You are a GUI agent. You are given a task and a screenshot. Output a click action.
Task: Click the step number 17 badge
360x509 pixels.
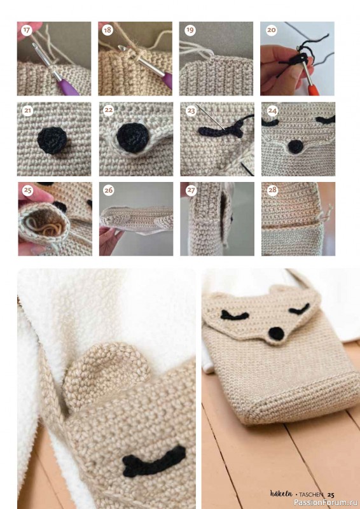(x=26, y=31)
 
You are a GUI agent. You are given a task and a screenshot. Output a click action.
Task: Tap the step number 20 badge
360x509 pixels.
(x=271, y=31)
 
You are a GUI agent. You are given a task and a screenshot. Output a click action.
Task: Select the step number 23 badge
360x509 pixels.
(x=191, y=111)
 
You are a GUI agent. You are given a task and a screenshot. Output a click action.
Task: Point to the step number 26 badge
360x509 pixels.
(x=109, y=190)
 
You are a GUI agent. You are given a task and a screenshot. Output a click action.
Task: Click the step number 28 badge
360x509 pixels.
(x=272, y=190)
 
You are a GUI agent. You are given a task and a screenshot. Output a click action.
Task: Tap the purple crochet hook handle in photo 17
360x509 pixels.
(x=67, y=87)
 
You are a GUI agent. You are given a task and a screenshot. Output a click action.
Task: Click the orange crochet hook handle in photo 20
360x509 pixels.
(x=314, y=90)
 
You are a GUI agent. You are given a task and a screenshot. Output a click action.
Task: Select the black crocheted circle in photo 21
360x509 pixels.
(x=52, y=141)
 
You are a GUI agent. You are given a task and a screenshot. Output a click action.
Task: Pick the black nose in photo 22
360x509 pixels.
(x=133, y=138)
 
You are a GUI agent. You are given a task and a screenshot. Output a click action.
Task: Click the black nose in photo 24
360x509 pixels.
(x=295, y=147)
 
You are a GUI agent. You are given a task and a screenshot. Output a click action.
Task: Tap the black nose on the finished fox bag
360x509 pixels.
(x=277, y=333)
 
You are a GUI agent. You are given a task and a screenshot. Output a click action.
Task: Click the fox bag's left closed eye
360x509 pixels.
(x=234, y=314)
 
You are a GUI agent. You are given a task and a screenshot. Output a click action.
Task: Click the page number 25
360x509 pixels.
(x=331, y=495)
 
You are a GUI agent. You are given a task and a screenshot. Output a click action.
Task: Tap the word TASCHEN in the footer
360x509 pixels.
(x=311, y=495)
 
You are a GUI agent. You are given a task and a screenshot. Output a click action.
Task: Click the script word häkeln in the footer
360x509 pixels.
(x=281, y=494)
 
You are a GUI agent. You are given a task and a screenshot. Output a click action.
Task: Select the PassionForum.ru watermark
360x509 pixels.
(x=326, y=503)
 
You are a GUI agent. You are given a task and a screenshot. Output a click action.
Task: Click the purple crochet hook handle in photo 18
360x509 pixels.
(x=168, y=80)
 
